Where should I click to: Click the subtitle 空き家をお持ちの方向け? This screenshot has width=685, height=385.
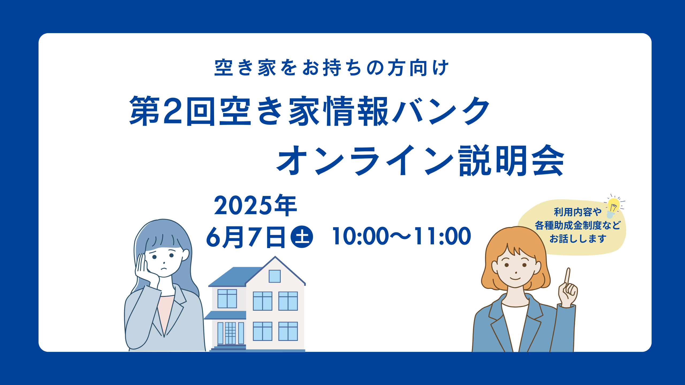click(332, 68)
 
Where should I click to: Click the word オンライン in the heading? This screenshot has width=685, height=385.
click(365, 160)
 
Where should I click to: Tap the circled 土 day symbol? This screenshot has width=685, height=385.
click(302, 237)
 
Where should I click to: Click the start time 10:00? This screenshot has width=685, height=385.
click(360, 236)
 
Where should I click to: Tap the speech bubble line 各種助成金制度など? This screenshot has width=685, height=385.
click(577, 225)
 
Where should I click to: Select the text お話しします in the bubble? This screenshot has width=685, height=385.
click(578, 238)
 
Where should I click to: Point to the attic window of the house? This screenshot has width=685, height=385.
click(275, 276)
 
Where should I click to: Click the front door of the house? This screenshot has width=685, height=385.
click(230, 333)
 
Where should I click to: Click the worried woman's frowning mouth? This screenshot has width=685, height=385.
click(163, 268)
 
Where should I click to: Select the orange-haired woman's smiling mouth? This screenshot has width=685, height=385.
click(515, 278)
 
